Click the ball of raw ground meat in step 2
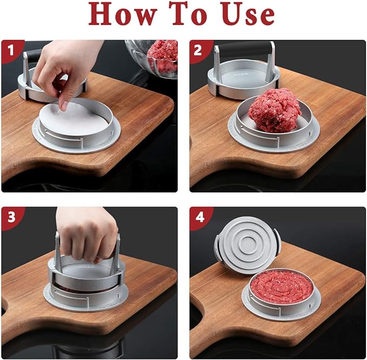click(274, 110)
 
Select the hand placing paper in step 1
click(68, 68)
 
